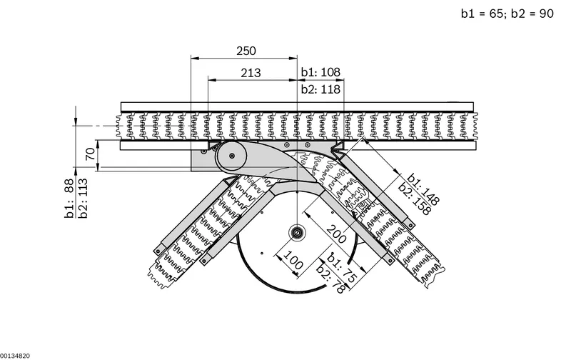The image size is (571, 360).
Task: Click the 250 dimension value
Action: coord(246,51)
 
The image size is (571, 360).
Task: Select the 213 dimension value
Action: coord(251,74)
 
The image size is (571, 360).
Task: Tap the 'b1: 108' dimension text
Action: coord(320,72)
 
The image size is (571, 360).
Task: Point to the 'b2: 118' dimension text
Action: coord(320,89)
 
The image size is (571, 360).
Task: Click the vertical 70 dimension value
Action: coord(91,154)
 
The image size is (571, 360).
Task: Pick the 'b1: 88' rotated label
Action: coord(69,199)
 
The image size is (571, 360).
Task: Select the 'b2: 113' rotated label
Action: coord(83,199)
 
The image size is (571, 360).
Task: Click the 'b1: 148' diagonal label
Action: coord(423,189)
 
